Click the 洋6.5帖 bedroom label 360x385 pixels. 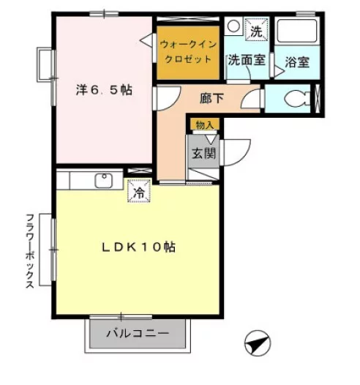(104, 90)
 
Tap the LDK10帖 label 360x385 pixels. (138, 247)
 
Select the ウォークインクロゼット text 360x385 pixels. (188, 52)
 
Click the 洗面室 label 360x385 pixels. (247, 60)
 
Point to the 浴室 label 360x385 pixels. (297, 62)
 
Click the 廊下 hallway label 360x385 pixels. (211, 99)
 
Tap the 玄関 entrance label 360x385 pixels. (203, 153)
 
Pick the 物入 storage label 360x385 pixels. (205, 125)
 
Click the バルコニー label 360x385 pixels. (138, 334)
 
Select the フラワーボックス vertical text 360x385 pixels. (30, 251)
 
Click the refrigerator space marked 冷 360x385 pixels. (139, 191)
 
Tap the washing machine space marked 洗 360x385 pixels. (256, 29)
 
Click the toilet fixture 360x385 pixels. (297, 99)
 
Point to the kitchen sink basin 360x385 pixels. (104, 181)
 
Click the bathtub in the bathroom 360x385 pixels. (297, 31)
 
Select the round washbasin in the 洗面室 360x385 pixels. (233, 26)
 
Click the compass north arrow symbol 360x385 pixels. (258, 343)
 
